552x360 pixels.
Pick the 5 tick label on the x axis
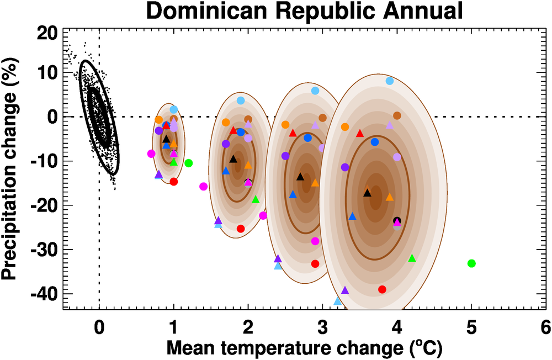point(471,327)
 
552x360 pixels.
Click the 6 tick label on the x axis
point(545,327)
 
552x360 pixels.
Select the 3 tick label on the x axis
point(322,327)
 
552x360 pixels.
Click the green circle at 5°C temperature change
point(471,263)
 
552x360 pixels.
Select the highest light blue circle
point(390,81)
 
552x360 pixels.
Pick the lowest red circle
point(382,289)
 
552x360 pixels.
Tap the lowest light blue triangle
point(338,301)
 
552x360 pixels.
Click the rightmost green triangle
point(412,258)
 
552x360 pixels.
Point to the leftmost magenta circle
point(151,153)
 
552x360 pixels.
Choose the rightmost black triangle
point(367,193)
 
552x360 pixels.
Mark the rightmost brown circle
point(397,115)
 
